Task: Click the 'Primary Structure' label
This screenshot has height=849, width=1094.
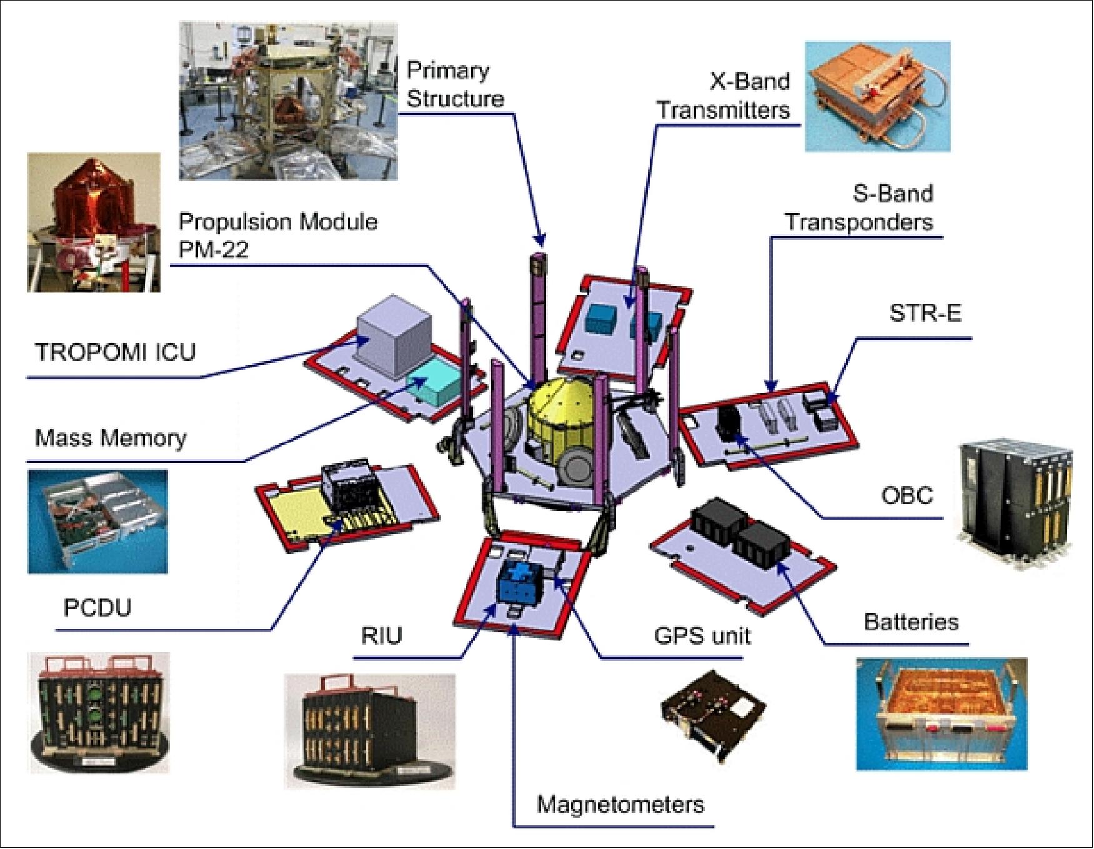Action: click(x=454, y=84)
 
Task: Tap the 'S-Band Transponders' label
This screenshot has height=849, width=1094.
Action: click(x=860, y=207)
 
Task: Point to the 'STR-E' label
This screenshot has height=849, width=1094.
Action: click(x=925, y=312)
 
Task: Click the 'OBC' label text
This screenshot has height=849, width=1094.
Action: click(x=907, y=495)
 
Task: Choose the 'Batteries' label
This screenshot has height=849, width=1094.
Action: click(x=911, y=622)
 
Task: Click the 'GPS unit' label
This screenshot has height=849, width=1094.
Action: click(x=702, y=635)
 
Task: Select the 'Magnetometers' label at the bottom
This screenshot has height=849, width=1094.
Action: click(x=620, y=804)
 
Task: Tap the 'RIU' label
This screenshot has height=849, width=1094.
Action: click(x=381, y=635)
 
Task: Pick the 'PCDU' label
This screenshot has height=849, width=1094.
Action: click(x=97, y=607)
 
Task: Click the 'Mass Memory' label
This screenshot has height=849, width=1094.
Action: click(x=111, y=437)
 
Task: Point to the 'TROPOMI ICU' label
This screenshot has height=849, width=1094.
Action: click(x=115, y=352)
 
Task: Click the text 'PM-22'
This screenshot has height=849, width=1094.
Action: click(x=213, y=250)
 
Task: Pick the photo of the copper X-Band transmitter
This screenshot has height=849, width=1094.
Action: click(x=877, y=97)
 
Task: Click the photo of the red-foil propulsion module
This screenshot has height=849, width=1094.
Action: click(x=93, y=222)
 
